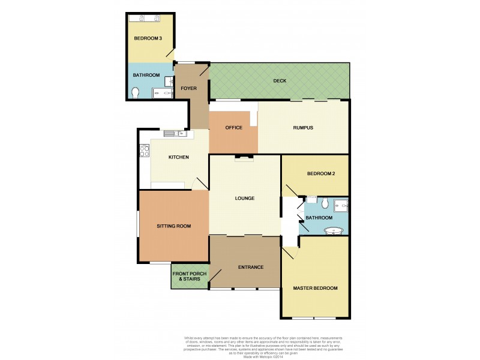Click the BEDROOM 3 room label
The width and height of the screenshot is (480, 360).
point(148,38)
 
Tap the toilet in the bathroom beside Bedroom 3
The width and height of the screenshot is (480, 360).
point(136,92)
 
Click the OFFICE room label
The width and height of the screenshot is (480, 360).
point(233,128)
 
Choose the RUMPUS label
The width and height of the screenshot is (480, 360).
point(303,127)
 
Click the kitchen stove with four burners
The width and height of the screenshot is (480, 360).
point(144,151)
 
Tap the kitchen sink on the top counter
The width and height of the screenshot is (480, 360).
point(176,133)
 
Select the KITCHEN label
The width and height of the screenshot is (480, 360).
point(178,157)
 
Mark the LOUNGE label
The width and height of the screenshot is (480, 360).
point(244,198)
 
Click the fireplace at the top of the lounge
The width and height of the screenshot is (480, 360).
point(244,158)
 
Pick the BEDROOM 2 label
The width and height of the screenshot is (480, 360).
point(320,174)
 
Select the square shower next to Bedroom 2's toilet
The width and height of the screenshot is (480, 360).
point(341,205)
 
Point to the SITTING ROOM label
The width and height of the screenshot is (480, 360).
point(173,226)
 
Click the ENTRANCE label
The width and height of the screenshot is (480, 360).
point(251,267)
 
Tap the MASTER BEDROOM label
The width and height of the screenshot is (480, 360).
point(315,288)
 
